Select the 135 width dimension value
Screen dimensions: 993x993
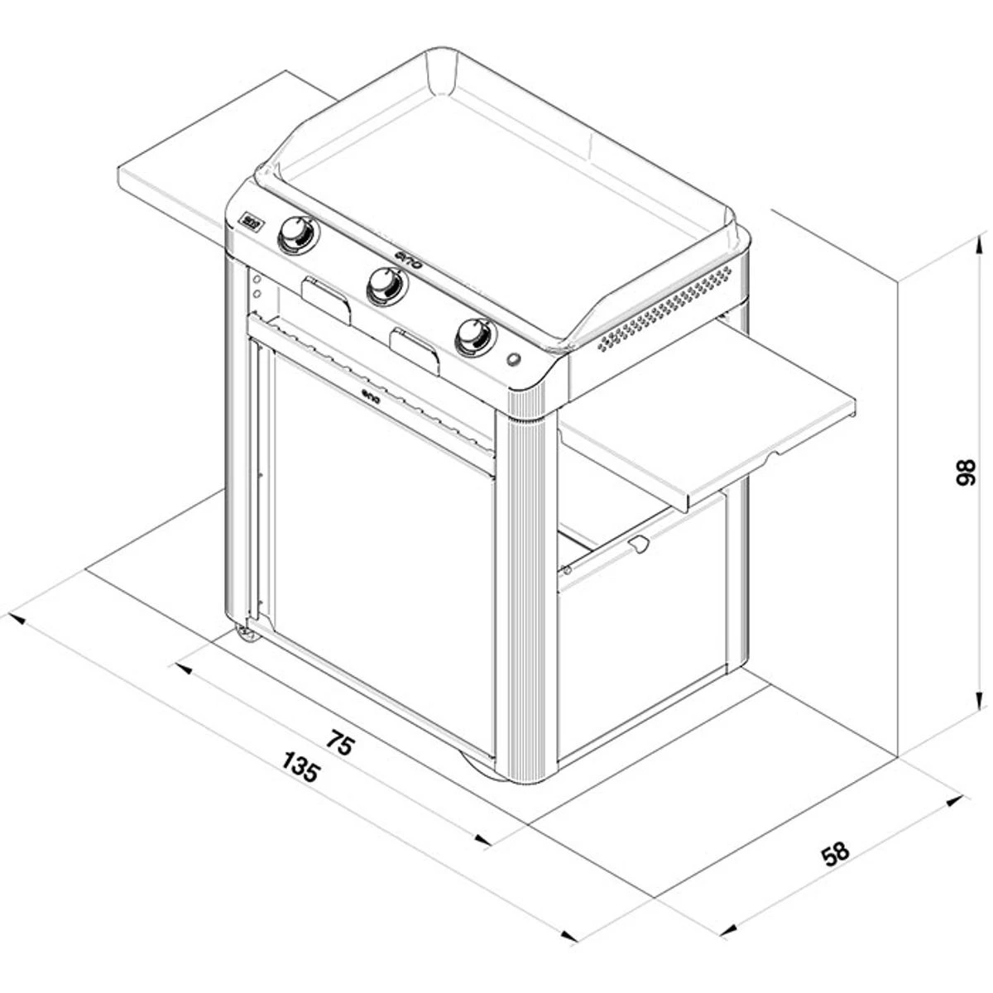tap(300, 767)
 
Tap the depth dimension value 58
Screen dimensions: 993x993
tap(837, 852)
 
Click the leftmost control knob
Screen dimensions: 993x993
tap(295, 234)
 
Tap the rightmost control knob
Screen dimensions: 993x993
tap(475, 336)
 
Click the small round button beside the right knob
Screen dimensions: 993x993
tap(514, 360)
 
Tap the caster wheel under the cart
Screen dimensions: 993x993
tap(246, 633)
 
